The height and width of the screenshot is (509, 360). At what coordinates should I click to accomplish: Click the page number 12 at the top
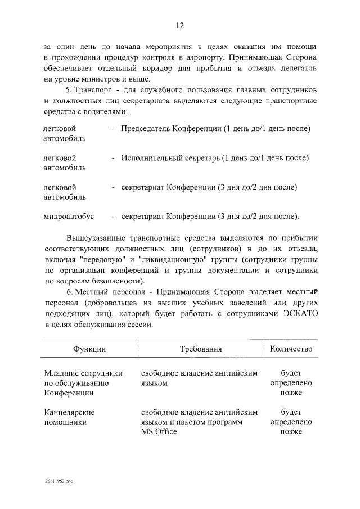click(x=179, y=25)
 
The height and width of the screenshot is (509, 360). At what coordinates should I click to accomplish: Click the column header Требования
click(x=201, y=349)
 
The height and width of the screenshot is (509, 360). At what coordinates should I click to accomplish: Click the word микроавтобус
click(x=69, y=216)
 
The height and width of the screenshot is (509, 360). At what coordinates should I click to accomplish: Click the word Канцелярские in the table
click(x=69, y=412)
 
